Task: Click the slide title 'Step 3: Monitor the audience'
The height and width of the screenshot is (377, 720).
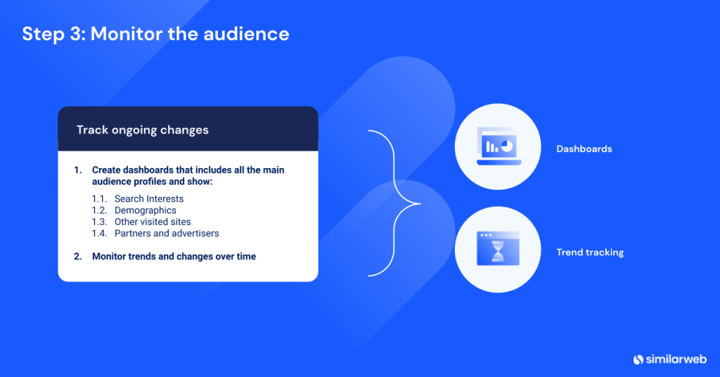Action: [155, 33]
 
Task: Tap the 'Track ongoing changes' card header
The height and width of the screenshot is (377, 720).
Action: [142, 130]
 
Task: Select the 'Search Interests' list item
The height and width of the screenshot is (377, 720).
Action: [149, 199]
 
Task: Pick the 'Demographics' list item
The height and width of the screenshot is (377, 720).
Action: [146, 210]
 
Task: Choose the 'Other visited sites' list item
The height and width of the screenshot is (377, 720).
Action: [153, 222]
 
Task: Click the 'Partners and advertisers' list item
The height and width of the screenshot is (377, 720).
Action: [167, 233]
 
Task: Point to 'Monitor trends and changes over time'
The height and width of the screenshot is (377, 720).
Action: [174, 257]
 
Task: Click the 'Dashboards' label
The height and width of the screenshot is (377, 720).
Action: [584, 149]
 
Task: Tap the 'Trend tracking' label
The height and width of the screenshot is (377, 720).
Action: [590, 252]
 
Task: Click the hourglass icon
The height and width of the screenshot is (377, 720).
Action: [497, 250]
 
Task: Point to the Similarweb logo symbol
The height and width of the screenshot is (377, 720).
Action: [638, 359]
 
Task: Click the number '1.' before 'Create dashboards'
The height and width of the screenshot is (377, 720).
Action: [78, 170]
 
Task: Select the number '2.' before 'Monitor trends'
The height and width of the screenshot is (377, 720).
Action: [78, 257]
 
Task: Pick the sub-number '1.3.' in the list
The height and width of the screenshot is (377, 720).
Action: [100, 222]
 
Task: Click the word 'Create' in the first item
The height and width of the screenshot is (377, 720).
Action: [106, 170]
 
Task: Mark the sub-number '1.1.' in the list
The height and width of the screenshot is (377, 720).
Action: [100, 199]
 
